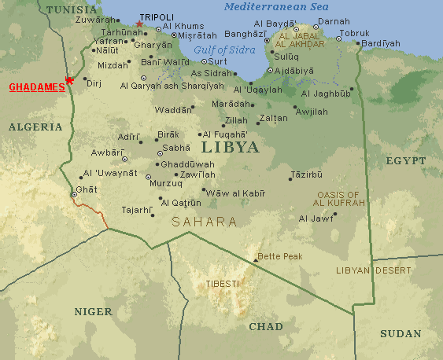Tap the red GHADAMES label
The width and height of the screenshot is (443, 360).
tap(36, 88)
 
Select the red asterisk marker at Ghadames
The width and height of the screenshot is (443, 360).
tap(70, 80)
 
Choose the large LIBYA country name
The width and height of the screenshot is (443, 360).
tap(230, 147)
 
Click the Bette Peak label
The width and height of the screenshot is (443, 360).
tap(280, 256)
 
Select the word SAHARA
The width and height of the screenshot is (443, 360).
tap(205, 222)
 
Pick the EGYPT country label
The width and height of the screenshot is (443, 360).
tap(406, 160)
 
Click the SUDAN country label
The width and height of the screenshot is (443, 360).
tap(401, 333)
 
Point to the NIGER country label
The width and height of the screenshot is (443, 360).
tap(94, 311)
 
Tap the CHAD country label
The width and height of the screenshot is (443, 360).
tap(266, 325)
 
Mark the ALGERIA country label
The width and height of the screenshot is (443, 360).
tap(35, 126)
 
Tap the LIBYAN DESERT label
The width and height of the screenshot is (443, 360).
tap(374, 270)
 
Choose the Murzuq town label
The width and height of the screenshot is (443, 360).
tap(165, 184)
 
